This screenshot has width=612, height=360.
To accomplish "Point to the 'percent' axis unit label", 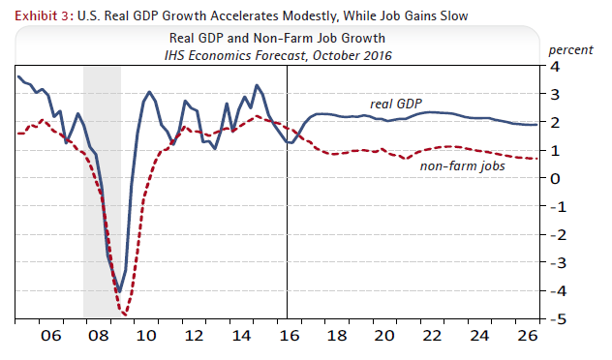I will click(x=571, y=48).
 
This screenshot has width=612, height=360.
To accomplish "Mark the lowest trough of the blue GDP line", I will click(x=118, y=290).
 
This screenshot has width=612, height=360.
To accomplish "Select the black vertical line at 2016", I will click(x=288, y=242).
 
